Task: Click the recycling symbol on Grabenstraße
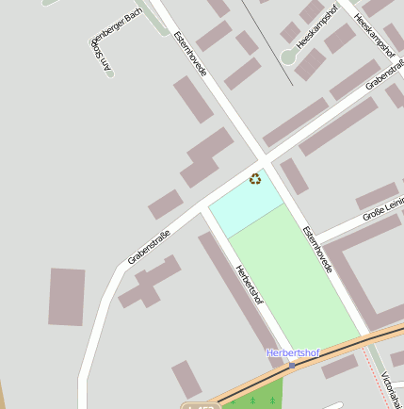255,178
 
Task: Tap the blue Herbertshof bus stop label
292,353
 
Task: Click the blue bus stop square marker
293,365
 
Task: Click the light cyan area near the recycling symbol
243,206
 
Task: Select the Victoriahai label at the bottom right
392,389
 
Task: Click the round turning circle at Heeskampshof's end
289,57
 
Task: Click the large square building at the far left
67,297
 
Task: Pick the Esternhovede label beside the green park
317,249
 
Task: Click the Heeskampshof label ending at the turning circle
316,27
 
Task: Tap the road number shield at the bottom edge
200,406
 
